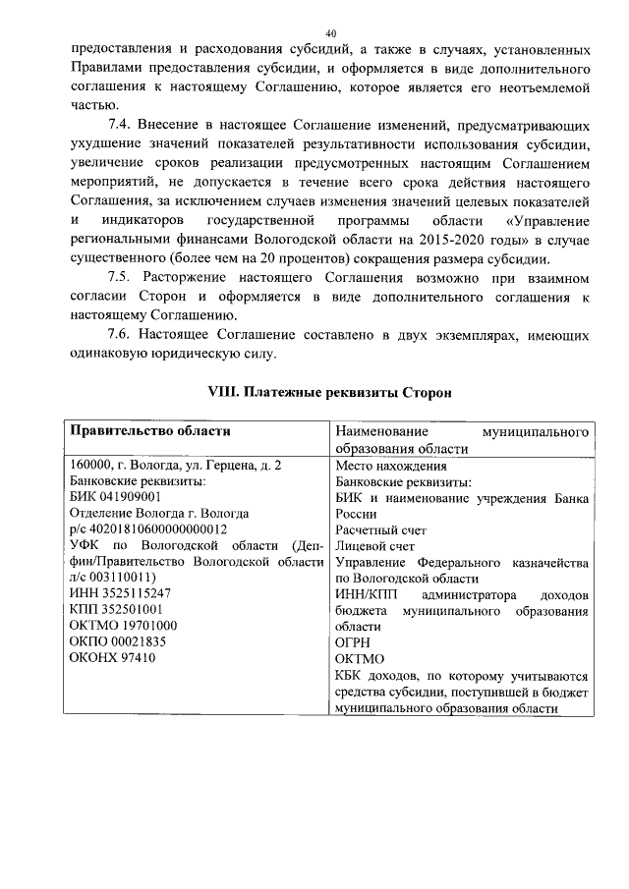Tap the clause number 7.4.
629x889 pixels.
(120, 127)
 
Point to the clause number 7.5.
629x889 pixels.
(120, 278)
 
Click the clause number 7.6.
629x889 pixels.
(120, 335)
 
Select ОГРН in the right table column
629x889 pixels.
(354, 641)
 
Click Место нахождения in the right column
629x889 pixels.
(390, 466)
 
